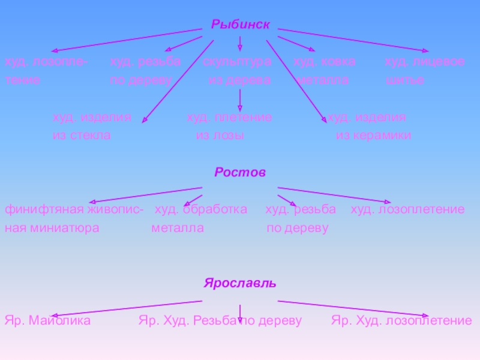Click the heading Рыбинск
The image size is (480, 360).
(x=240, y=25)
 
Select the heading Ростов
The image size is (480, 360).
(x=240, y=172)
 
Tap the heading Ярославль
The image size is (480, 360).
(x=240, y=283)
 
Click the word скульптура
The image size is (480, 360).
(x=236, y=62)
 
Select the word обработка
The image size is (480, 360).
(x=215, y=209)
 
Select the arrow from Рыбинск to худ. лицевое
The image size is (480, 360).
(x=353, y=40)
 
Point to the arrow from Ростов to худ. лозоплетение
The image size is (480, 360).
(x=334, y=195)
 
